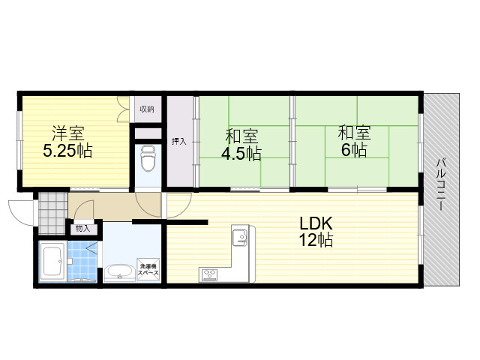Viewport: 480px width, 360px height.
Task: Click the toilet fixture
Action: click(148, 158)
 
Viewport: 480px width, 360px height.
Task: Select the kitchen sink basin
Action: click(240, 237)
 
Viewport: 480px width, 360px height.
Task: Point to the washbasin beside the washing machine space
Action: click(120, 272)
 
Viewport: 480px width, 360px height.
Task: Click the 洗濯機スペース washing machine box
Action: click(148, 269)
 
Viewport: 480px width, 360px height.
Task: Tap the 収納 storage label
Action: click(147, 109)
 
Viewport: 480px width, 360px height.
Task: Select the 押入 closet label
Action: click(179, 142)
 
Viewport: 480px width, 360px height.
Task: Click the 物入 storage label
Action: click(82, 228)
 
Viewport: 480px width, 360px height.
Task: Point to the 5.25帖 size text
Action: click(67, 151)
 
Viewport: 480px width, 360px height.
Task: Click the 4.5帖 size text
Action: click(241, 154)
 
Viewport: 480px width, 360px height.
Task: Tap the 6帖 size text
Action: click(354, 150)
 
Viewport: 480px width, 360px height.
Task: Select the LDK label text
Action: click(316, 223)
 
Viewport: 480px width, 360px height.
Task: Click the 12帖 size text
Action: click(316, 240)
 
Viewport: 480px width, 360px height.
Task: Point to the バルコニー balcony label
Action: click(441, 184)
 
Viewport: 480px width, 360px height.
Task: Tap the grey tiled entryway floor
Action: click(52, 213)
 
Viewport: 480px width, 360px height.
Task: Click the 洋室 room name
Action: click(68, 133)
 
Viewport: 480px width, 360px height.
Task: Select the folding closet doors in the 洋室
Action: click(124, 109)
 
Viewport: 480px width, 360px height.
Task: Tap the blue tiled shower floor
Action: click(82, 261)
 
